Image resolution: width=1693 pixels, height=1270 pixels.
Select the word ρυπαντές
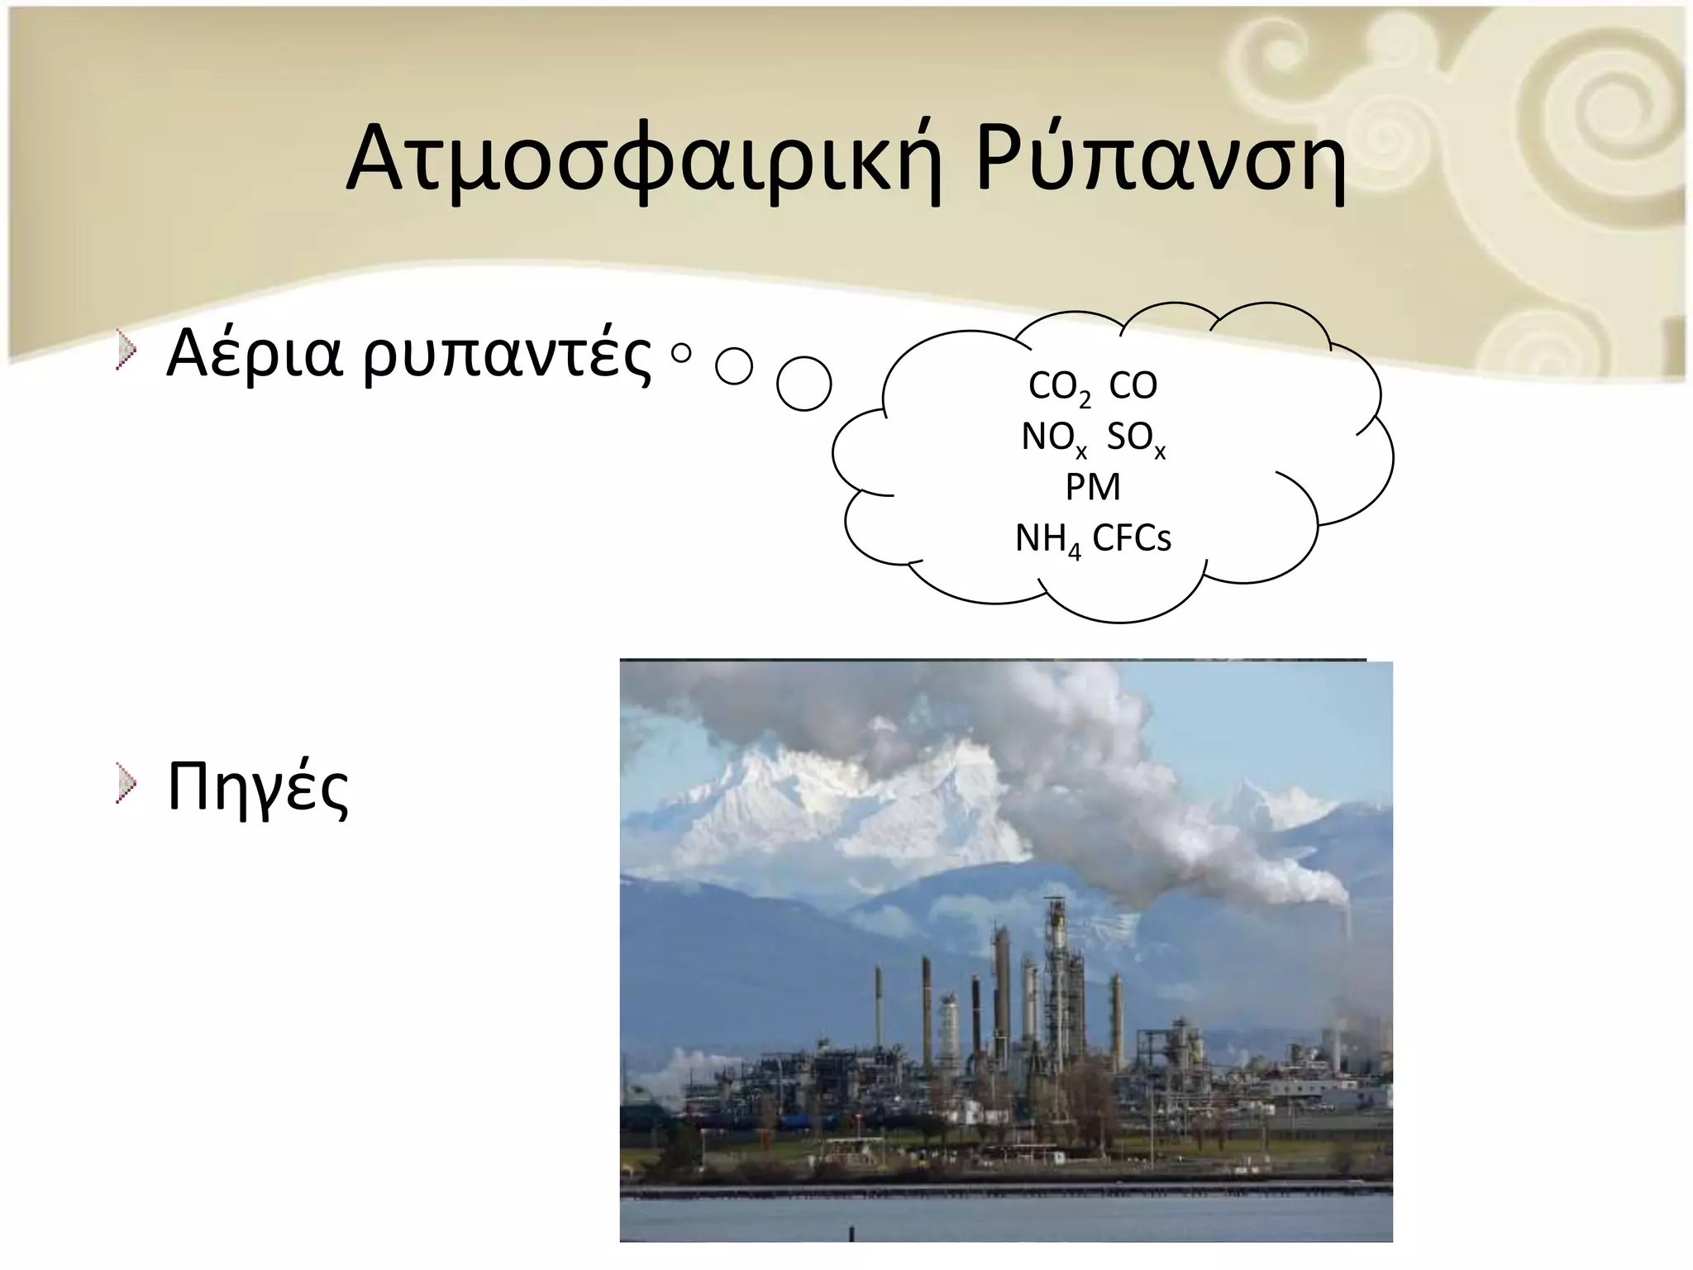point(506,357)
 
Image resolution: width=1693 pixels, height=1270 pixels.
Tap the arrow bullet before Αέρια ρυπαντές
point(125,350)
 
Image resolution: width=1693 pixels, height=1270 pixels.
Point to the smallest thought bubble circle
point(681,354)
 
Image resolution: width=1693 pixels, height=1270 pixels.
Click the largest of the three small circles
point(804,384)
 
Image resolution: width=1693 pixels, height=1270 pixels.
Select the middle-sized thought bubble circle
point(734,366)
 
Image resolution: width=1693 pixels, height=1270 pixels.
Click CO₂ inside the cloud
point(1059,387)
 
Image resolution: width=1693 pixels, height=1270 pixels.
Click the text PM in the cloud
point(1093,487)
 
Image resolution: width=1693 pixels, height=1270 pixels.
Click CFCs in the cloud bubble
point(1132,538)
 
